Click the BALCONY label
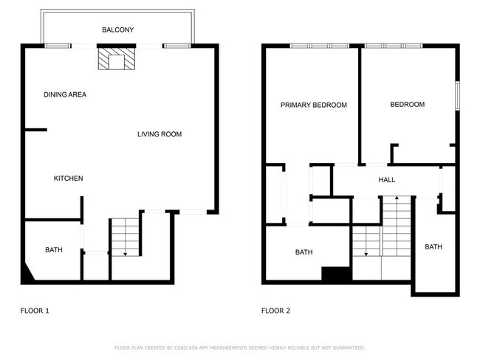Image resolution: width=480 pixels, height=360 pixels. click(117, 30)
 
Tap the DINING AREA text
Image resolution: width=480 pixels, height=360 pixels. click(65, 94)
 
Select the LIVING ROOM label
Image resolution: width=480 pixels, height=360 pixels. click(160, 134)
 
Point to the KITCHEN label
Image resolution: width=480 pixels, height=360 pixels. click(68, 179)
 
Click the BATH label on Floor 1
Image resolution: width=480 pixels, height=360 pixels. click(54, 250)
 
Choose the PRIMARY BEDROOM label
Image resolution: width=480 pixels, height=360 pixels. click(313, 105)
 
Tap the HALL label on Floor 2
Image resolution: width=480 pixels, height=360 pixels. click(387, 180)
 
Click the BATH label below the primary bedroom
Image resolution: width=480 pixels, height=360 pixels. click(304, 252)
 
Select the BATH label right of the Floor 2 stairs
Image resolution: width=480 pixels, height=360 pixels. click(433, 247)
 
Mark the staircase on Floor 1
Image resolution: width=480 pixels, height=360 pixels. click(124, 238)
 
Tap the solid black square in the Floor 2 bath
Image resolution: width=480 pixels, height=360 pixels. click(335, 274)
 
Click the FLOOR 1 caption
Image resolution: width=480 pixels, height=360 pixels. click(35, 311)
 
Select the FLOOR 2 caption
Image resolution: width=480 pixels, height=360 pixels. click(275, 311)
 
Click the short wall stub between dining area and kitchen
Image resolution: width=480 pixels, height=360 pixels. click(35, 131)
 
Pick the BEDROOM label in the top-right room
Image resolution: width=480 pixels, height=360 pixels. click(407, 105)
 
